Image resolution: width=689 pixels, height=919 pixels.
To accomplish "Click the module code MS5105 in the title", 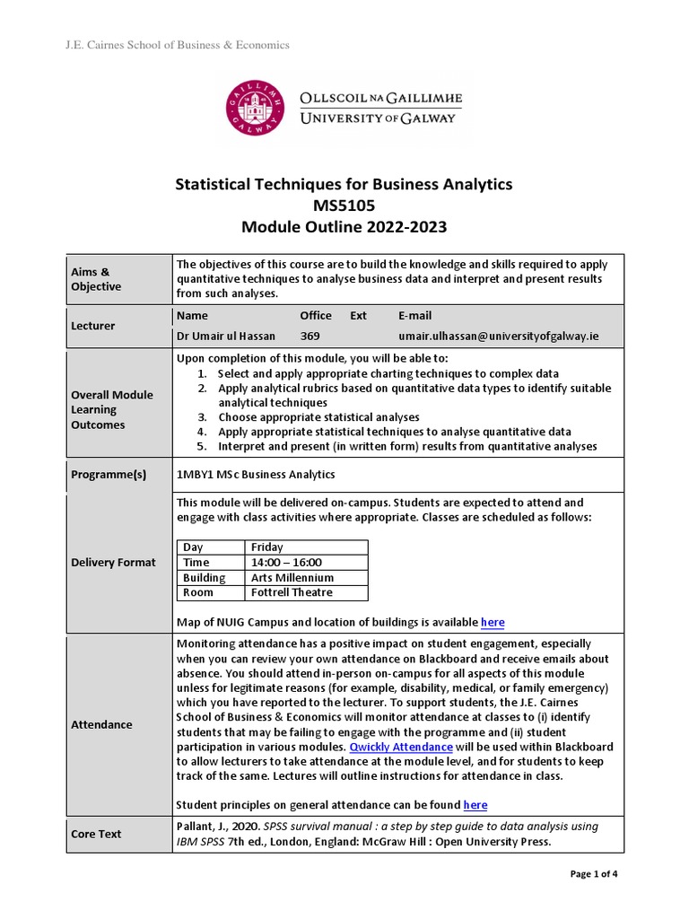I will pos(344,206).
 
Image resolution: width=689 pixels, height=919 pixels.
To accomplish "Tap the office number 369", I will pos(310,335).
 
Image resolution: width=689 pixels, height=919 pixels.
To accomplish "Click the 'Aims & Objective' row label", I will pos(96,279).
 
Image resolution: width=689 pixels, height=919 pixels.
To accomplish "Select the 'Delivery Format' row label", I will pos(113,563).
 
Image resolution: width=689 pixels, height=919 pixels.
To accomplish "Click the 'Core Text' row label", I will pos(96,834).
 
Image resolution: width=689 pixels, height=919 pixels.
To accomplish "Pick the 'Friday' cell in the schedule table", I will pos(267,547).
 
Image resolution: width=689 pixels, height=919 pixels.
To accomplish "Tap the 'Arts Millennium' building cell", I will pos(292,578).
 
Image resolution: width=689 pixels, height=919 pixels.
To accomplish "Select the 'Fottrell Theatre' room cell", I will pos(292,592).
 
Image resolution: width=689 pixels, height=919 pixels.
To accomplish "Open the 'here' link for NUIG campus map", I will pos(493,623).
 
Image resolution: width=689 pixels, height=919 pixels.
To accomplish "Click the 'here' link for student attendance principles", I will pos(475,805).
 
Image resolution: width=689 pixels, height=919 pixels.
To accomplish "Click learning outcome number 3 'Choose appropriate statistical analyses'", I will pos(318,417).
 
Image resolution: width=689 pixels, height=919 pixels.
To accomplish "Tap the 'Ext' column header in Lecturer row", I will pos(359,316).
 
